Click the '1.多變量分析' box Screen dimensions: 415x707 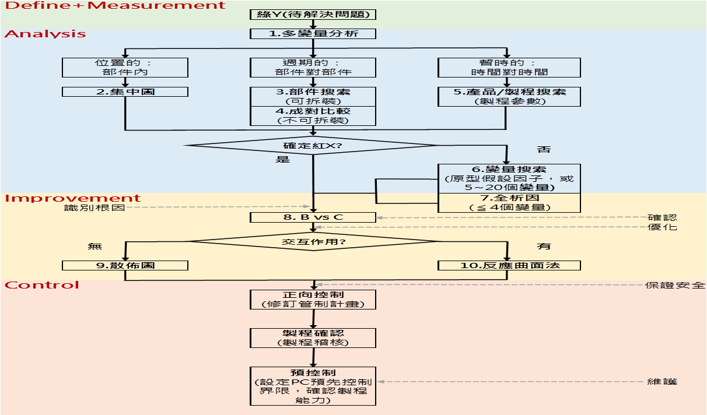click(313, 34)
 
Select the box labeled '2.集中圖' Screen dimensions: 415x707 click(125, 92)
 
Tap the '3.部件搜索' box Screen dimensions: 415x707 click(313, 97)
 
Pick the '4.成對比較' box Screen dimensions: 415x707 click(313, 115)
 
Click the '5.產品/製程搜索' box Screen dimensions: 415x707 click(509, 97)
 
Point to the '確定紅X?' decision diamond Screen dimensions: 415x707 click(313, 145)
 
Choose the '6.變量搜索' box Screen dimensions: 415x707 click(509, 179)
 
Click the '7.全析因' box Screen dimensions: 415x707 click(509, 203)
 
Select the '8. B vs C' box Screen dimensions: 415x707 click(313, 217)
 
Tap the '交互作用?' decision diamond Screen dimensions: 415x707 click(313, 241)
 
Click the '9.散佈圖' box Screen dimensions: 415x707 click(125, 265)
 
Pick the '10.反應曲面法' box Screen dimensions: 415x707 click(509, 265)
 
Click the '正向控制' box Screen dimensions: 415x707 click(313, 300)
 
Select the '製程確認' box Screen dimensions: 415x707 click(313, 337)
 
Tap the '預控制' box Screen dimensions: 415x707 click(313, 386)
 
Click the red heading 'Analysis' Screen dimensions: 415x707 click(45, 34)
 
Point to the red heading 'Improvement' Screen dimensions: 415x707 click(73, 199)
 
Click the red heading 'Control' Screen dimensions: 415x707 click(41, 285)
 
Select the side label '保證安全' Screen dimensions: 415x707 click(675, 286)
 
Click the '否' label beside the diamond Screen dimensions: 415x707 click(543, 150)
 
